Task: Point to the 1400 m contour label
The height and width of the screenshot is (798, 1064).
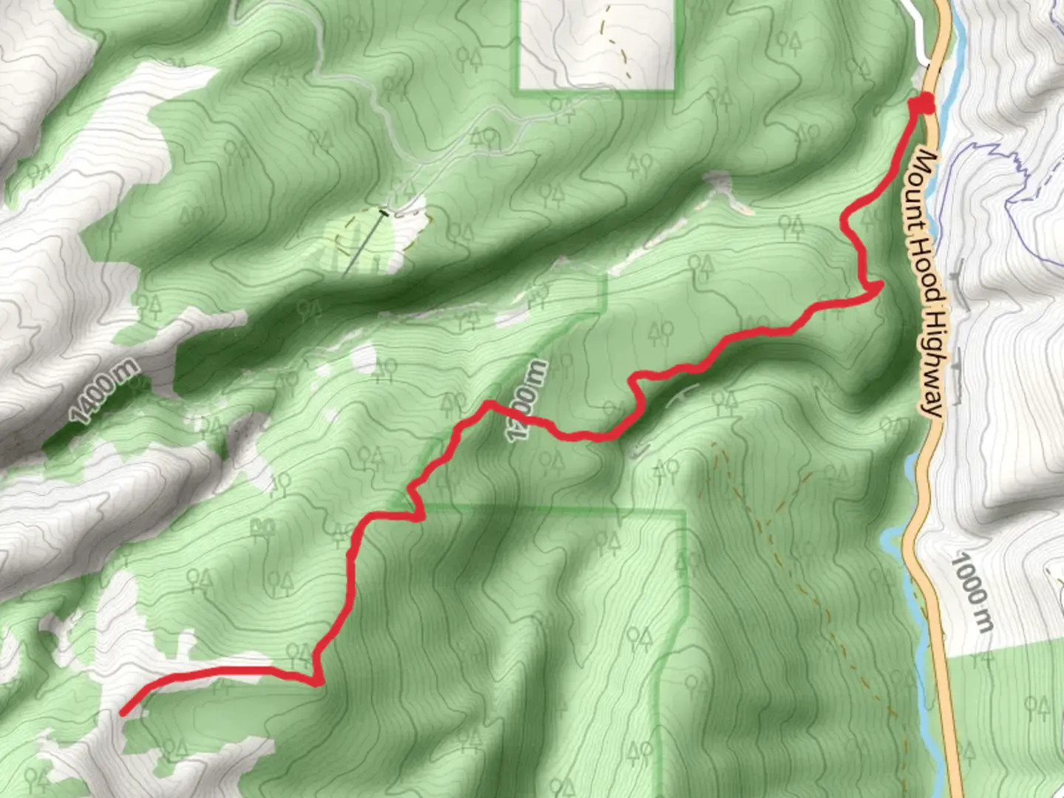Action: pos(103,391)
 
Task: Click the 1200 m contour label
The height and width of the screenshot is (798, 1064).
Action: pos(526,400)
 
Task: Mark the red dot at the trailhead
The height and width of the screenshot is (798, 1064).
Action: pos(923,105)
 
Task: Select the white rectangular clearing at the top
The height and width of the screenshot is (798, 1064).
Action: pos(597,44)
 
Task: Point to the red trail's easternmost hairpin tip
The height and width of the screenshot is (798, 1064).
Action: pos(880,285)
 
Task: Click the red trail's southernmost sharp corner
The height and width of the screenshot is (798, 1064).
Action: pos(318,681)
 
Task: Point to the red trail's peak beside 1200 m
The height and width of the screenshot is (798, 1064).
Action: pos(488,404)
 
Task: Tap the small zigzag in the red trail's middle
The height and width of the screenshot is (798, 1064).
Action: pos(415,502)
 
